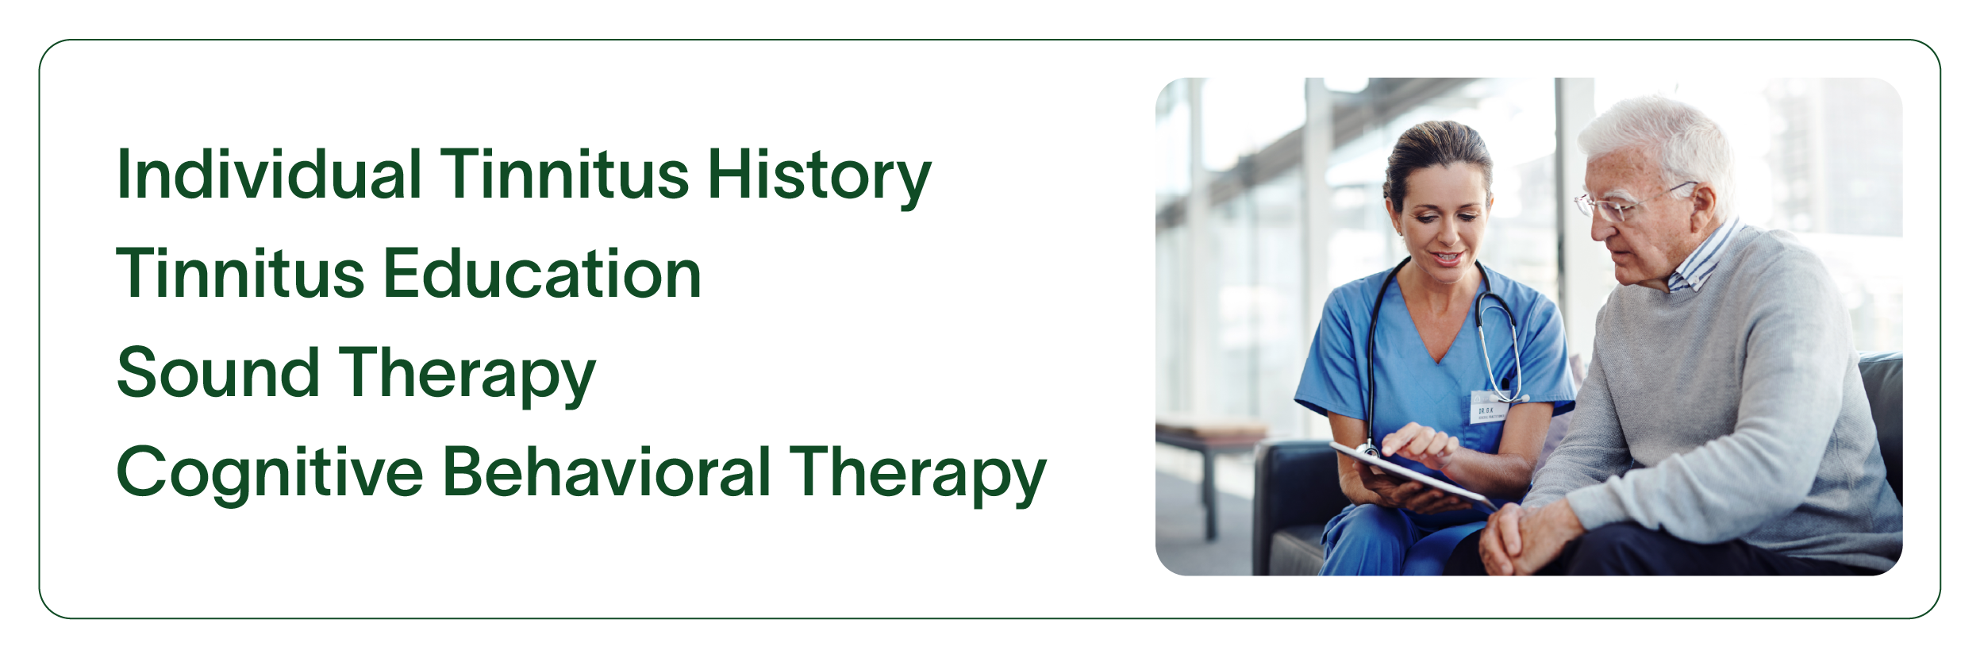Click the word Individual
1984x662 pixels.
tap(269, 174)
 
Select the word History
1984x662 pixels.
tap(819, 179)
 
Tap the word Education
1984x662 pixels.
tap(543, 273)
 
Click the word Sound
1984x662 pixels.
tap(217, 372)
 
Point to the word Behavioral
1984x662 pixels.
tap(606, 471)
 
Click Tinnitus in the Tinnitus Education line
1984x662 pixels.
tap(241, 273)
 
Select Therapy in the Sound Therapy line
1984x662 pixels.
tap(467, 376)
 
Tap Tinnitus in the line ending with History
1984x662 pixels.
tap(564, 174)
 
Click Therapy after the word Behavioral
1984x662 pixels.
tap(917, 475)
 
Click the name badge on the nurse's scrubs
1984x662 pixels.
tap(1489, 408)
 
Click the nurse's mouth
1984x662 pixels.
tap(1447, 258)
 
